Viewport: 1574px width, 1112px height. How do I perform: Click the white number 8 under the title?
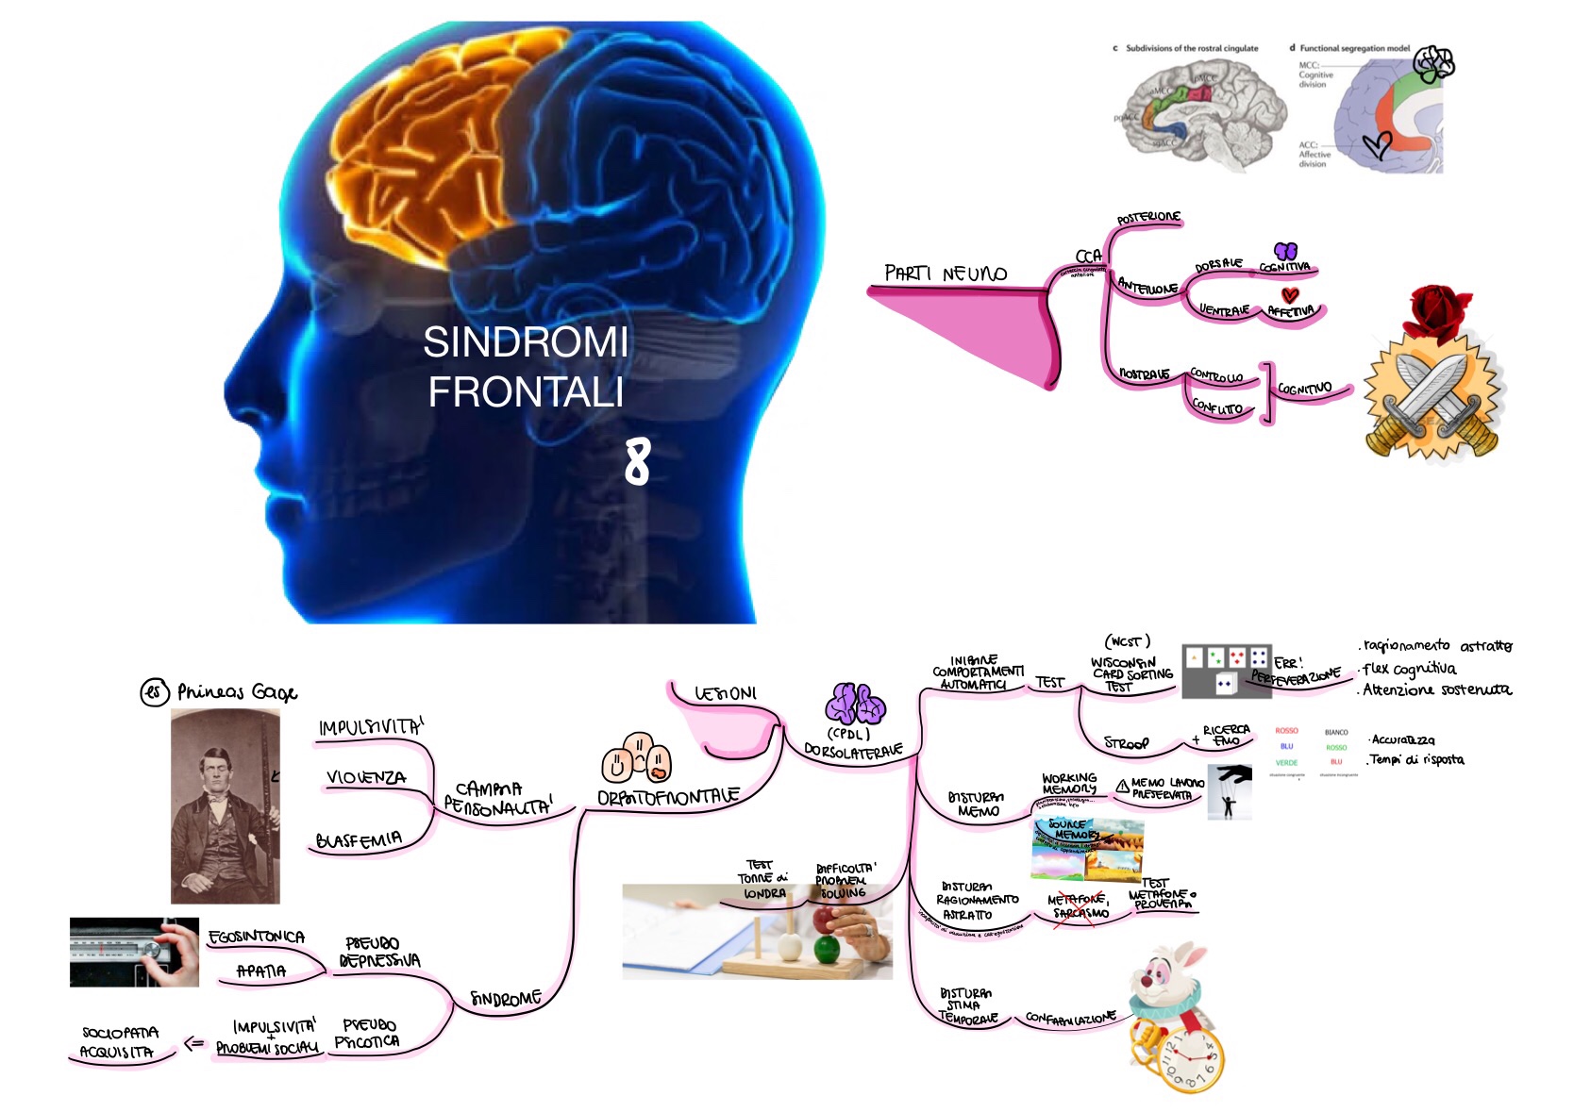tap(638, 462)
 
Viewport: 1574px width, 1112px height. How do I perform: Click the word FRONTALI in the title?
tap(526, 392)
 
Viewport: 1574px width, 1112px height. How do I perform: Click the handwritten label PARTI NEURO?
tap(946, 274)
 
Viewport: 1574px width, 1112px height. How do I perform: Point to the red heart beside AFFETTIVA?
tap(1290, 295)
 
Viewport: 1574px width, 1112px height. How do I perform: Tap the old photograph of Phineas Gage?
tap(226, 805)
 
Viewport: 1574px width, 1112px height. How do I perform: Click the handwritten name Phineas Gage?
tap(237, 693)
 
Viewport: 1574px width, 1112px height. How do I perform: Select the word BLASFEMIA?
tap(359, 839)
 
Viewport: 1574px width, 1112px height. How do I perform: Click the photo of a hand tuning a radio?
tap(134, 952)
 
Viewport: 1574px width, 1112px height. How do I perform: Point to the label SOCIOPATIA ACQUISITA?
tap(119, 1042)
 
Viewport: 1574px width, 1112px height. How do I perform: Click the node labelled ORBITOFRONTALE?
tap(667, 797)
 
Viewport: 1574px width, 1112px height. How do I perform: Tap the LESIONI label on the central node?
tap(726, 694)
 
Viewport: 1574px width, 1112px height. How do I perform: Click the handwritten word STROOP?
tap(1127, 743)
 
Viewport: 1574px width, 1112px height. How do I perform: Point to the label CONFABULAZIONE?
tap(1070, 1018)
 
